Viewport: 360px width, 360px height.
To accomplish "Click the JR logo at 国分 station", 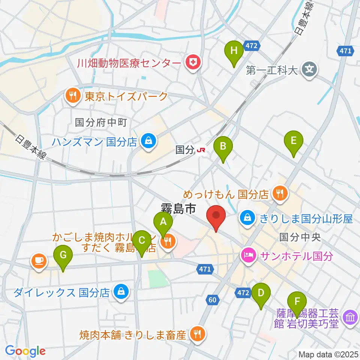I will click(201, 150).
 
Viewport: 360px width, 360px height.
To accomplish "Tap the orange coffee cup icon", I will click(39, 260).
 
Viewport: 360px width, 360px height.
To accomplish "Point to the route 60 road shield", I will click(212, 299).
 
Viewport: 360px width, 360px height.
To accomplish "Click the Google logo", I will click(25, 351).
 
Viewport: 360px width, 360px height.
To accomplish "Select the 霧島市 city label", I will click(178, 208).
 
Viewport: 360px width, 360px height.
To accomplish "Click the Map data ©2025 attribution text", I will click(328, 354).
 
